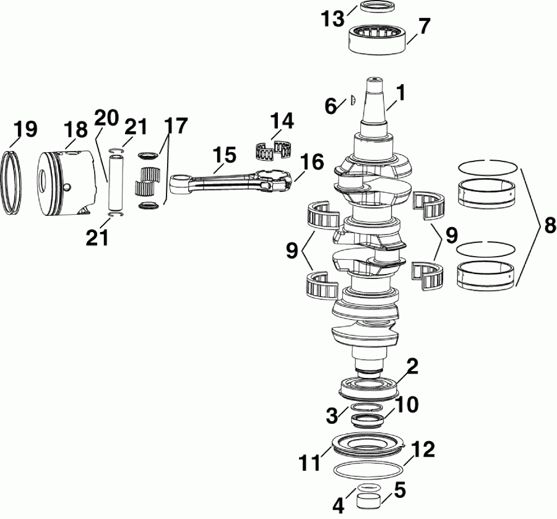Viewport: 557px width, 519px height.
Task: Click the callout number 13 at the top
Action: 332,18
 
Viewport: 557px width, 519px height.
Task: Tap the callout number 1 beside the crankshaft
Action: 400,93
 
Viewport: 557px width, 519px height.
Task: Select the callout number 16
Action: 313,163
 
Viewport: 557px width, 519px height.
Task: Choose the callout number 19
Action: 25,129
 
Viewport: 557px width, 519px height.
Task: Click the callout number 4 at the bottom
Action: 338,505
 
